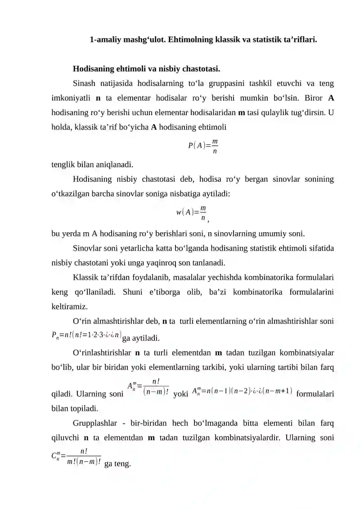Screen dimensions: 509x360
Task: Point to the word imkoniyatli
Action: tap(70, 98)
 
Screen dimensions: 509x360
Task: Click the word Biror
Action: tap(315, 98)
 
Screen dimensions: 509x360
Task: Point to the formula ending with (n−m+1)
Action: tap(242, 390)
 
